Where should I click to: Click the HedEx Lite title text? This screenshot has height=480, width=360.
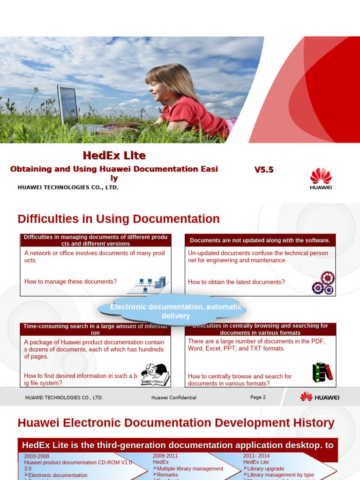tap(114, 156)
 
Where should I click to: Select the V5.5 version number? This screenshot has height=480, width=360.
tap(264, 170)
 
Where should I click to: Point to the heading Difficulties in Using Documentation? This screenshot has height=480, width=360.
tap(119, 219)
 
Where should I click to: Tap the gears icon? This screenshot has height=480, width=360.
tap(323, 283)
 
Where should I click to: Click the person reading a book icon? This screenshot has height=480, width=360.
tap(155, 375)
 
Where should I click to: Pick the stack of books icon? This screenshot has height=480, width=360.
tap(322, 372)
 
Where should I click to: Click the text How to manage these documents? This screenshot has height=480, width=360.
tap(70, 282)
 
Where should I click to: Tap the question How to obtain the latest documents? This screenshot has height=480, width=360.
tap(236, 282)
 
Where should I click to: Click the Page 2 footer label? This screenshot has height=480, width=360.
tap(258, 397)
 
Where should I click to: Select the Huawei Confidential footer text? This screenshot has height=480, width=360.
tap(174, 397)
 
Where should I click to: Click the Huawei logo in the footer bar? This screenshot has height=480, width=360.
tap(320, 397)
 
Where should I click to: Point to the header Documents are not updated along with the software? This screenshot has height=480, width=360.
tap(260, 240)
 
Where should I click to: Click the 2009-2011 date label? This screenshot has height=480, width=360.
tap(165, 456)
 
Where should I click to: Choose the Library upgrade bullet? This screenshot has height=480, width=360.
tap(265, 469)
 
